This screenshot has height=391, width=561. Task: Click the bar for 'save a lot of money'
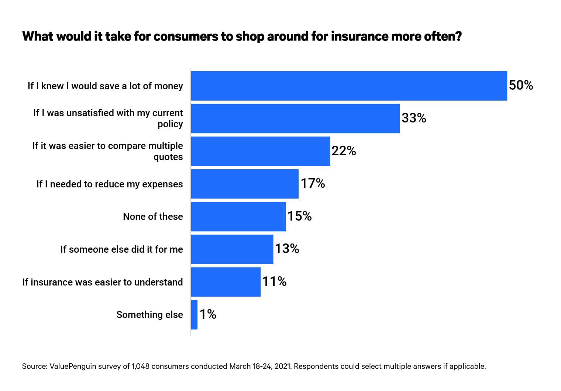pos(349,86)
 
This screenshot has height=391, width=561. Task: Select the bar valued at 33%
pos(295,118)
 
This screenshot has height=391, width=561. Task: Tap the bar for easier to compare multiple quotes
pos(261,151)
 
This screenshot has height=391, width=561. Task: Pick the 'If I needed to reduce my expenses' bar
pos(245,184)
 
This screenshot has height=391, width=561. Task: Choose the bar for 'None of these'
pos(238,217)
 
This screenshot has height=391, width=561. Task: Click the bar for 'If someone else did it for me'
pos(232,249)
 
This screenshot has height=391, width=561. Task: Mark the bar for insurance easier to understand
pos(226,282)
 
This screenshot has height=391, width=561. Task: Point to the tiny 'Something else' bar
pos(194,315)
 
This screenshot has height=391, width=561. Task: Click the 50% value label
pos(521,86)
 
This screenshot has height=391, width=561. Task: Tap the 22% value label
pos(344,151)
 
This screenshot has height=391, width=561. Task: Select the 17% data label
pos(313,183)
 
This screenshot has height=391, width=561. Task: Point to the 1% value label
pos(208,314)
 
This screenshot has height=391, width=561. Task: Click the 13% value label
pos(287,249)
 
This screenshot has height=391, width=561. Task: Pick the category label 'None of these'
pos(153,217)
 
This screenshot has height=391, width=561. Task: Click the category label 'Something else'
pos(149,315)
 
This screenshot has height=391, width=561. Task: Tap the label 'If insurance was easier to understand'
pos(103,282)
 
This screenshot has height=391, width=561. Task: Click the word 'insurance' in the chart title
pos(356,37)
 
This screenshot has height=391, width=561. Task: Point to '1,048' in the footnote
pos(140,366)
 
